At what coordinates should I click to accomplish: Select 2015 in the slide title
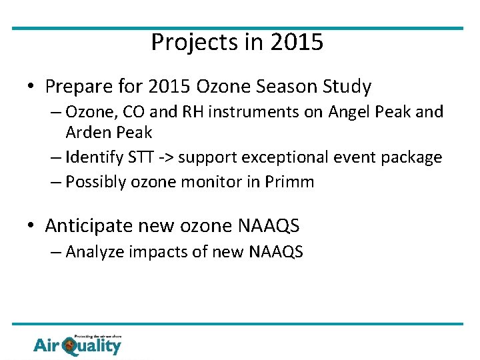coord(297,43)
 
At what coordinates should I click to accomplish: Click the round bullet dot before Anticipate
coord(31,227)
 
